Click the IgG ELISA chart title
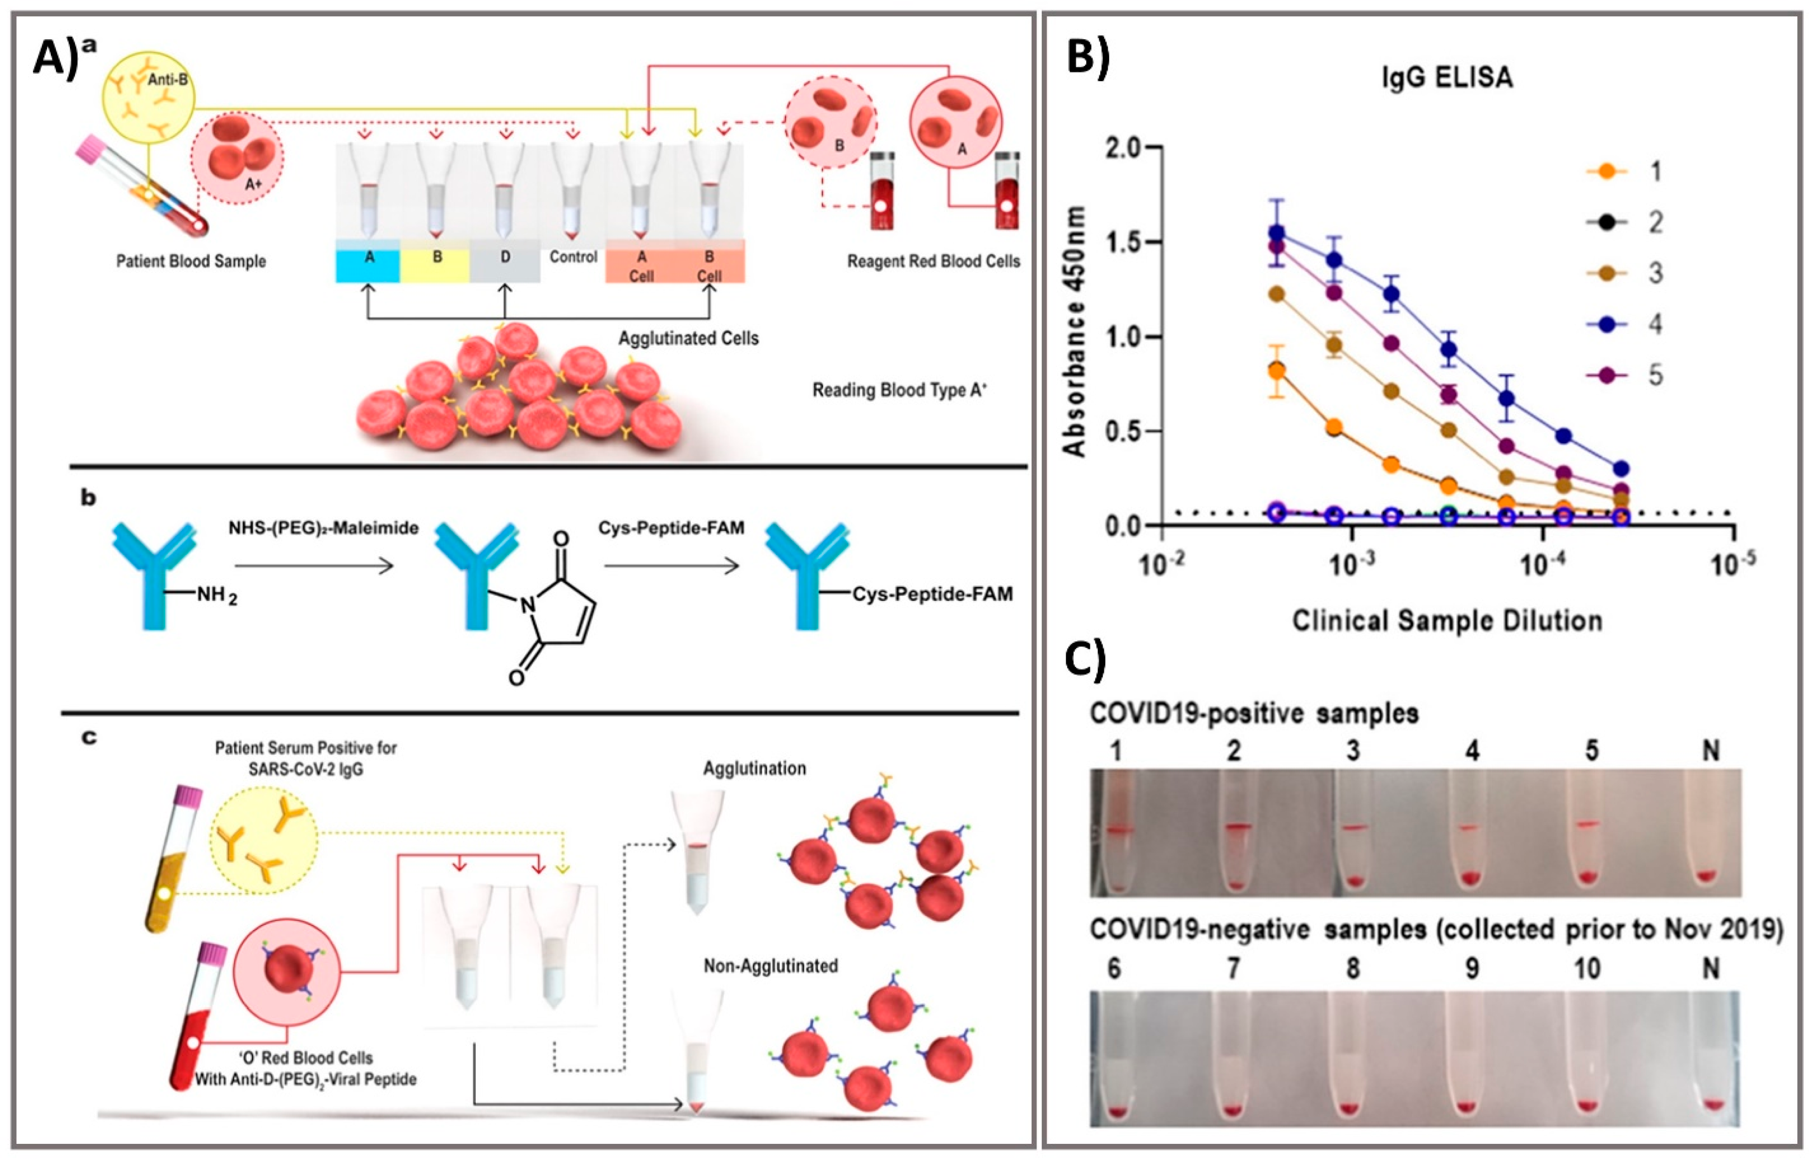coord(1447,78)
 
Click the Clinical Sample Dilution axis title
coord(1447,621)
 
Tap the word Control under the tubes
coord(573,257)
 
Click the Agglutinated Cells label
coord(688,338)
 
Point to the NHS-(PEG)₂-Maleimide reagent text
coord(323,528)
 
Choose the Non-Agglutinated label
coord(770,966)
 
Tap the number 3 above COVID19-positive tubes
coord(1353,750)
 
